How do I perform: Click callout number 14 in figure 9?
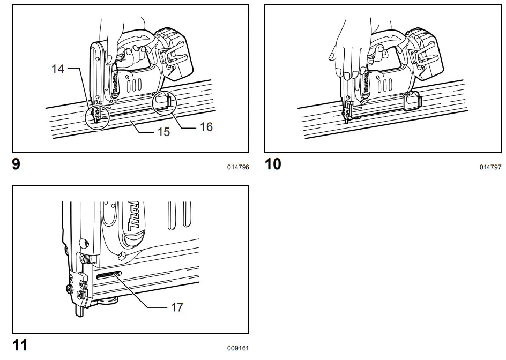click(x=58, y=69)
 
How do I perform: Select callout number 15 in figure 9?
click(x=163, y=131)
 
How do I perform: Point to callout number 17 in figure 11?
click(x=177, y=307)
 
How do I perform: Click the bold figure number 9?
click(x=16, y=164)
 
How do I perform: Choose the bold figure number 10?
click(x=273, y=164)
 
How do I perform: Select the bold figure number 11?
click(x=20, y=345)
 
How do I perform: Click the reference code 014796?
click(x=238, y=167)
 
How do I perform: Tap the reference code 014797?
click(x=490, y=167)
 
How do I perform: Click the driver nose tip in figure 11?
click(x=79, y=310)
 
